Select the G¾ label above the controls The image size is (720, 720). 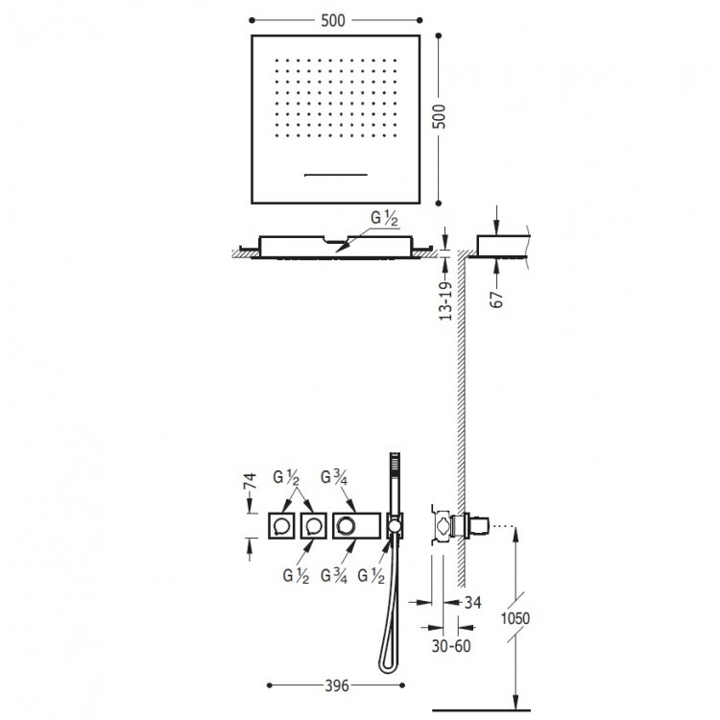coord(334,476)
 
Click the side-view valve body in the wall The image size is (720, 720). coord(444,525)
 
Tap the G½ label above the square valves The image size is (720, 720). coord(287,476)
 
